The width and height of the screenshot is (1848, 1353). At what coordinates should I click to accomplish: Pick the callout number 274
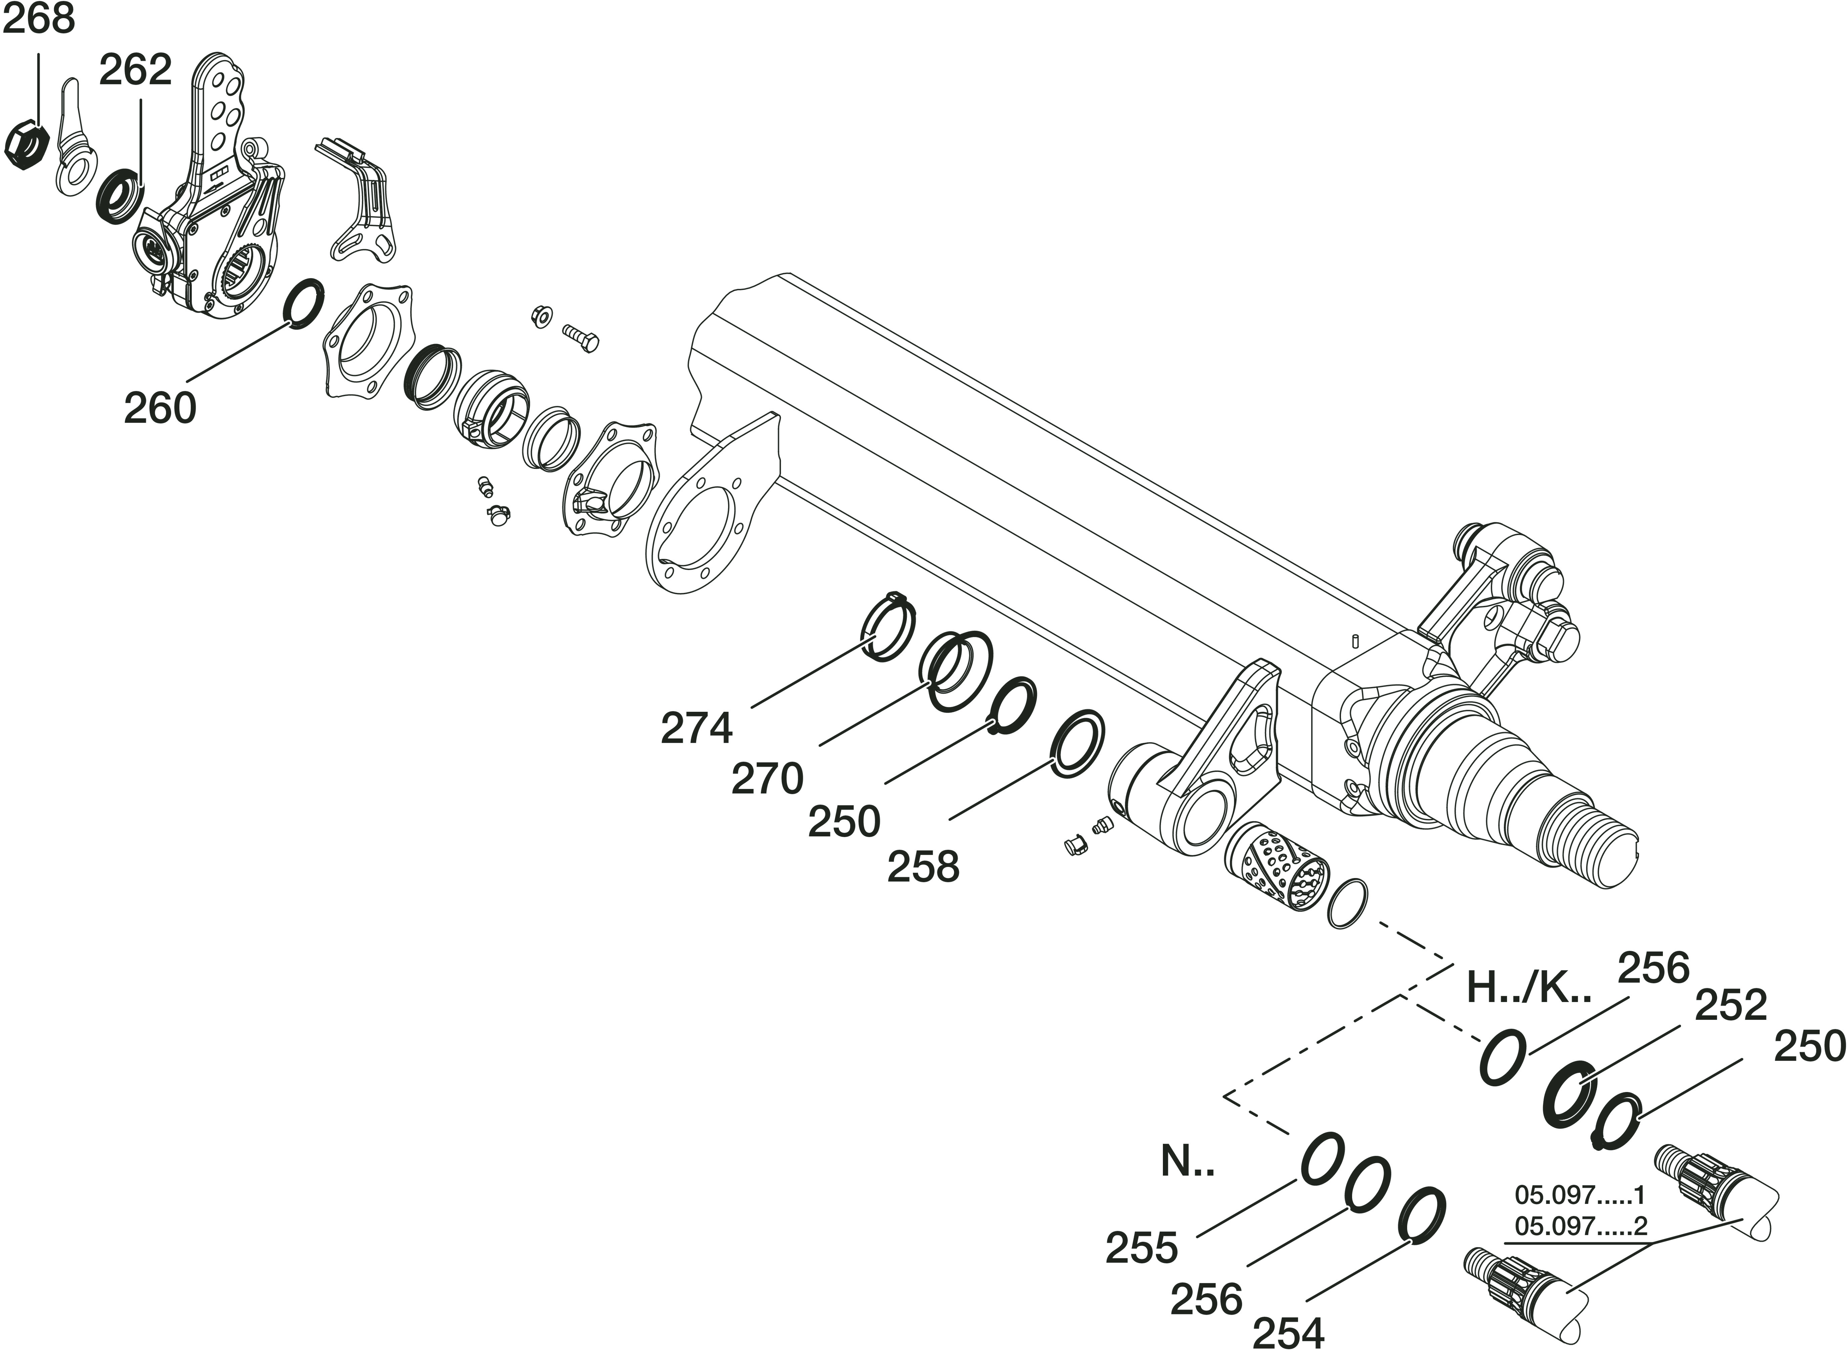point(696,728)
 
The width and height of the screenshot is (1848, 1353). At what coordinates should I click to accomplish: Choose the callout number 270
point(767,778)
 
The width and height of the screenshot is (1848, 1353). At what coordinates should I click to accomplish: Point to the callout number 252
point(1730,1006)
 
